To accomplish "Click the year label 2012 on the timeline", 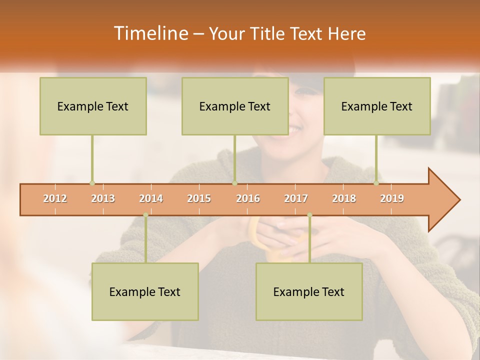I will click(55, 198).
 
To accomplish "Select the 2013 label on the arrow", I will click(103, 198).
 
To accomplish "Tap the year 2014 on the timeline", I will click(151, 198).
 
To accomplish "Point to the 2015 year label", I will click(199, 198).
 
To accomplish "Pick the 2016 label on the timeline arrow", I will click(248, 198).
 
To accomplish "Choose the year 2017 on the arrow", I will click(296, 198).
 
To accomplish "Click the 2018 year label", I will click(344, 198).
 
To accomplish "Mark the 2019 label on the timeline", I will click(392, 198).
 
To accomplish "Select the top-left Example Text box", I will click(93, 106).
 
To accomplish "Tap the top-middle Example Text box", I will click(235, 106).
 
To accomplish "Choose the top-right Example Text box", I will click(377, 106).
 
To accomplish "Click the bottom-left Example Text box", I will click(145, 292).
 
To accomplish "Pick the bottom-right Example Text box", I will click(309, 292).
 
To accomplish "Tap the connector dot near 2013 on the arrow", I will click(92, 183).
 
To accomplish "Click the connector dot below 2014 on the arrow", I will click(145, 215).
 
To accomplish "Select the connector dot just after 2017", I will click(309, 215).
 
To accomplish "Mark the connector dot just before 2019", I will click(376, 183).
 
